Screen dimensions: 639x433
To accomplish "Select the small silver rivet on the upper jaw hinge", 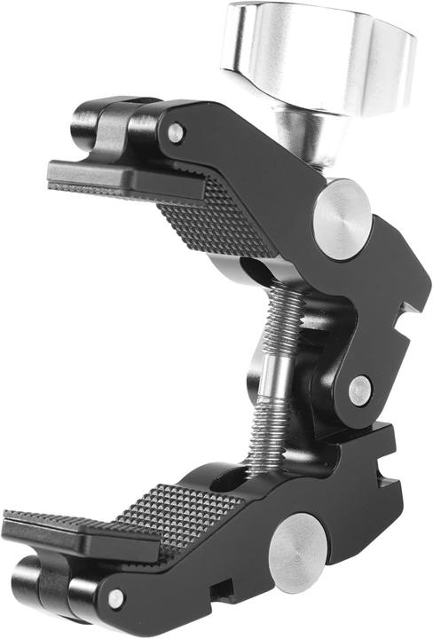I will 177,133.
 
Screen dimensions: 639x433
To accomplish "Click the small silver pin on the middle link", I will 359,389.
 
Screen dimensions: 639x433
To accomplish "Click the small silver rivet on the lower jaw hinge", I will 115,599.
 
